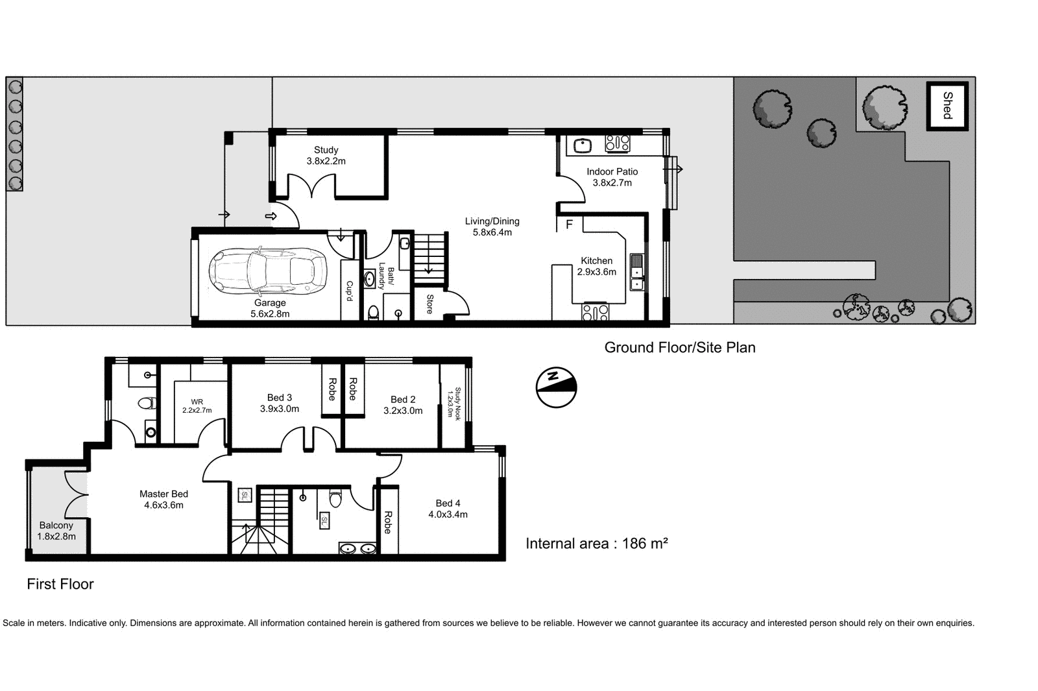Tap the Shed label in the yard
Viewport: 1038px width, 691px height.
click(x=947, y=106)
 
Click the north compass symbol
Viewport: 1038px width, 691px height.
click(x=556, y=387)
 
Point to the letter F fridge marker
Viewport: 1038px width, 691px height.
click(x=569, y=224)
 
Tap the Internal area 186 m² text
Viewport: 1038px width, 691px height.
click(x=596, y=544)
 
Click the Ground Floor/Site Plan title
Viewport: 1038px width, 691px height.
click(x=679, y=348)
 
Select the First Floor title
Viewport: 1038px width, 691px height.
click(x=60, y=584)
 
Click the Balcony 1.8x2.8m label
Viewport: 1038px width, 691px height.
click(x=56, y=531)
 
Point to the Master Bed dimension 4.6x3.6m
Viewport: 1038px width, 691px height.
click(x=163, y=505)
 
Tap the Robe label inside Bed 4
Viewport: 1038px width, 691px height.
click(x=387, y=522)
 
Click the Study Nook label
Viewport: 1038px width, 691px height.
click(x=453, y=404)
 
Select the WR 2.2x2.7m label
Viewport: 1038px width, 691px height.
click(x=197, y=406)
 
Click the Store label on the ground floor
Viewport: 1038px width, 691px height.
click(x=429, y=304)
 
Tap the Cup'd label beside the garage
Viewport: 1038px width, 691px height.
click(x=349, y=291)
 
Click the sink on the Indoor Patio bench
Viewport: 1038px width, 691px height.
click(x=582, y=145)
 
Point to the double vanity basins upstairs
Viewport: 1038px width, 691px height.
click(x=357, y=549)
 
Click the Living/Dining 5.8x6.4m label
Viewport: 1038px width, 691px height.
click(x=492, y=226)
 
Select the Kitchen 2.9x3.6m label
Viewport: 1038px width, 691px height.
click(x=596, y=266)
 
